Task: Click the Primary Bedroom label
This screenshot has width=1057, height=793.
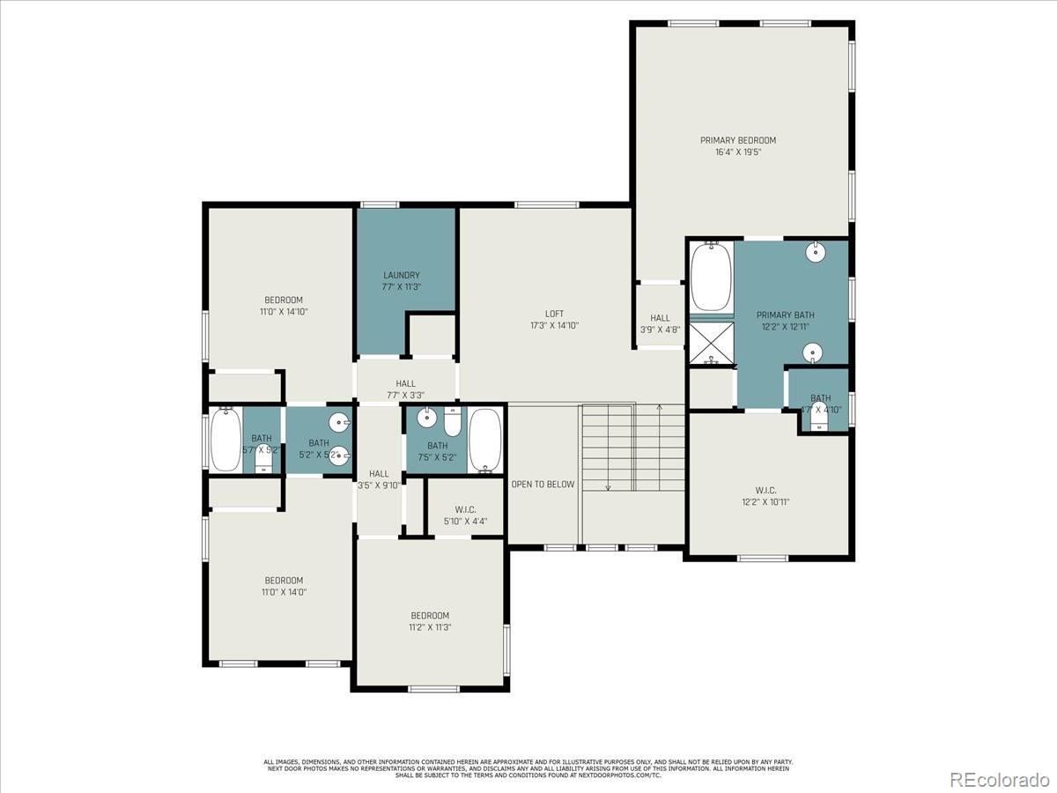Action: click(x=738, y=140)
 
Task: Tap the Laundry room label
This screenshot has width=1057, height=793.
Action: click(x=401, y=275)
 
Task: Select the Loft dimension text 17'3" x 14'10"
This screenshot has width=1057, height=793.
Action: click(x=554, y=326)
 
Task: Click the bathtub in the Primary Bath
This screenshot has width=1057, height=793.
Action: click(x=712, y=277)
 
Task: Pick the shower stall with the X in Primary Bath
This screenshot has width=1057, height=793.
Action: click(x=711, y=344)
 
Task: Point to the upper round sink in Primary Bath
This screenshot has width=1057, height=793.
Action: click(x=817, y=252)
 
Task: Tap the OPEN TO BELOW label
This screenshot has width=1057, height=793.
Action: click(x=543, y=485)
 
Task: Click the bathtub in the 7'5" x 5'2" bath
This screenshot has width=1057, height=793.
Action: click(x=484, y=440)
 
